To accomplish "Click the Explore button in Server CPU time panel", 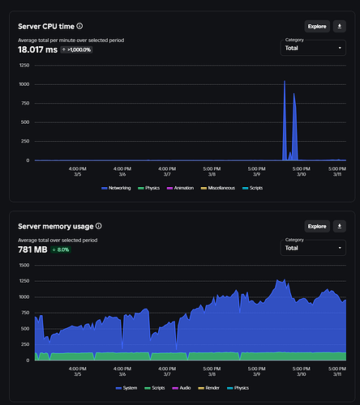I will pyautogui.click(x=317, y=26).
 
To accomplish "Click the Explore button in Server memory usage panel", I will pyautogui.click(x=317, y=226).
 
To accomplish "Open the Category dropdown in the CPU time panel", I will pyautogui.click(x=313, y=49).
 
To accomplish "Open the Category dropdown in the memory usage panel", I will pyautogui.click(x=313, y=248).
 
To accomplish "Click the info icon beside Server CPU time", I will pyautogui.click(x=79, y=26).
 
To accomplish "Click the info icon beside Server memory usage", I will pyautogui.click(x=99, y=226).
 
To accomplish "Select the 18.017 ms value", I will pyautogui.click(x=37, y=49).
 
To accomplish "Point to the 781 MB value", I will pyautogui.click(x=32, y=249).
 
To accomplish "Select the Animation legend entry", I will pyautogui.click(x=178, y=187).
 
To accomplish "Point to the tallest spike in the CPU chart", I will pyautogui.click(x=285, y=83).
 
